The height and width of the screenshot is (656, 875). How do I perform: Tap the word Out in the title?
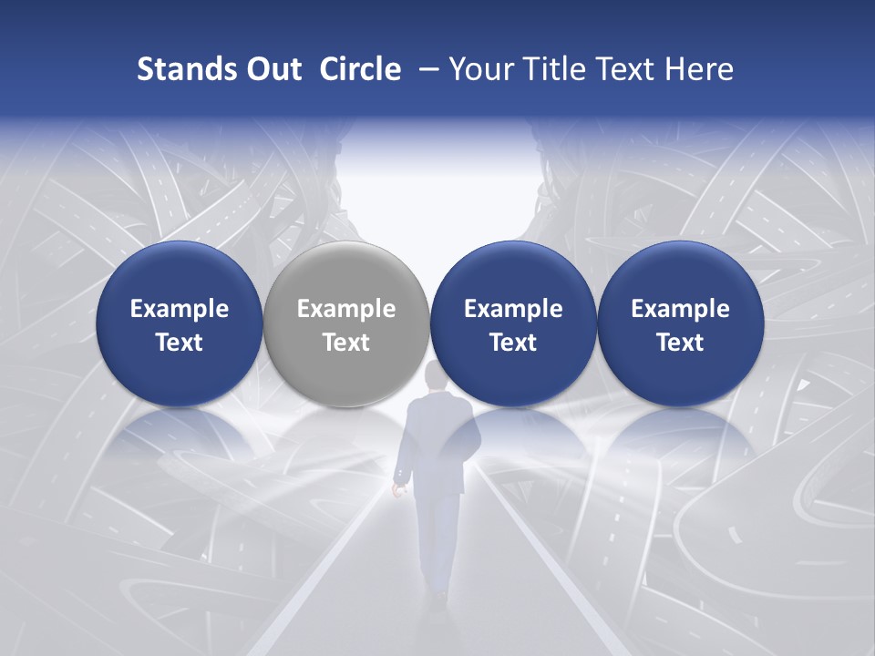[x=271, y=69]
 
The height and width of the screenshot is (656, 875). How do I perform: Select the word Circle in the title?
[x=360, y=69]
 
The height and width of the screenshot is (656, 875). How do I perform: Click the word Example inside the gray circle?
[x=345, y=309]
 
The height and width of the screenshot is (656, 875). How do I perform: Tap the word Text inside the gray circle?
[x=345, y=343]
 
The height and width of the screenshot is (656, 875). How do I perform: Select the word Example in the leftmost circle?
[x=179, y=309]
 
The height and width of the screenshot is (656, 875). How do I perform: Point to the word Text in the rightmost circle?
[x=680, y=343]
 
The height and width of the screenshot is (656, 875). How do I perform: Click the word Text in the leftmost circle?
[x=179, y=343]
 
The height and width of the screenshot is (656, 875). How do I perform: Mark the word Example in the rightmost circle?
[x=680, y=309]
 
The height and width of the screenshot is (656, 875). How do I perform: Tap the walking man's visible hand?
[x=398, y=490]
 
